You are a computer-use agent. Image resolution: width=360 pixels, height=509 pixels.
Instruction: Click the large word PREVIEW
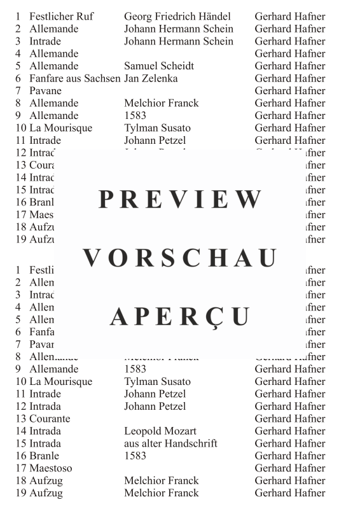[181, 199]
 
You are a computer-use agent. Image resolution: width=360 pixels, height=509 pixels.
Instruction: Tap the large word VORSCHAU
[181, 258]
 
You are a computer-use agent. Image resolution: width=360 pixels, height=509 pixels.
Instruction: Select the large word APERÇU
[181, 316]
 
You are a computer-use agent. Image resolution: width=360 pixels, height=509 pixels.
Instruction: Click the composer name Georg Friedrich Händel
[177, 17]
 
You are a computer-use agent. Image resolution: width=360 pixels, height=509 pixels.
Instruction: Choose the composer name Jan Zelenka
[151, 78]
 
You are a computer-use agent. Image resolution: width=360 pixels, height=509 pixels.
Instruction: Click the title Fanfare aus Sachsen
[74, 78]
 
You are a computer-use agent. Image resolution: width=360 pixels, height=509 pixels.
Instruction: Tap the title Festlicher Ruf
[62, 17]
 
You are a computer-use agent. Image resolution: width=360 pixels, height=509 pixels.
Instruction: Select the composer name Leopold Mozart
[160, 431]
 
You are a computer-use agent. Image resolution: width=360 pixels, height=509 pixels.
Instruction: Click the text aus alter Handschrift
[170, 443]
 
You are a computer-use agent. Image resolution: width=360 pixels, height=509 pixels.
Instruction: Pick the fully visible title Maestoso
[51, 468]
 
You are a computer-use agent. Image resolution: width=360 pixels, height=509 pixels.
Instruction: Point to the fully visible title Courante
[50, 419]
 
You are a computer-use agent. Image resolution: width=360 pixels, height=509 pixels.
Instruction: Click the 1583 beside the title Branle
[135, 456]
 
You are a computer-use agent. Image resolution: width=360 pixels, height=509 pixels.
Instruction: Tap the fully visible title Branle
[44, 456]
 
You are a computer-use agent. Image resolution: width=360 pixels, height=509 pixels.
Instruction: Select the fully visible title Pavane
[45, 91]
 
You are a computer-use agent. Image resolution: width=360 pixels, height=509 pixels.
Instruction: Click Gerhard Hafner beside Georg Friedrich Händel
[289, 17]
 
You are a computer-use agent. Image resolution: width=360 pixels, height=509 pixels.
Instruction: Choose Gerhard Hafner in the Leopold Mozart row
[289, 431]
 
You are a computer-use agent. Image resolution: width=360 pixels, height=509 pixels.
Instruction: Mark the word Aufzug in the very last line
[46, 493]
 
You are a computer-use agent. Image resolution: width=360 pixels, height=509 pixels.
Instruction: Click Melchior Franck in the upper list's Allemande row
[161, 103]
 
